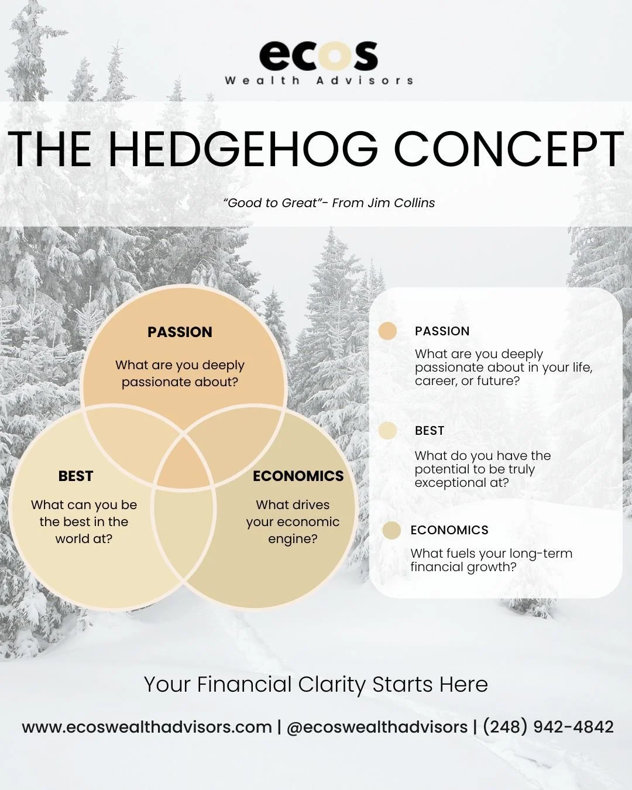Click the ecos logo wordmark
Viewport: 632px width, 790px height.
(x=318, y=55)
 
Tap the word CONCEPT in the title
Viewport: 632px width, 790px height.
(x=509, y=149)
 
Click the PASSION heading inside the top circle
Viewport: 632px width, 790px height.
(x=180, y=332)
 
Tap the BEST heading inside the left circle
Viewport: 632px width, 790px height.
(x=75, y=476)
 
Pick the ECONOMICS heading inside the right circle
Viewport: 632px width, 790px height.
(x=298, y=476)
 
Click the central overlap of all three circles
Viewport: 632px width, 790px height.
(x=184, y=462)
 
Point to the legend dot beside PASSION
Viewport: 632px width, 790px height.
(x=387, y=331)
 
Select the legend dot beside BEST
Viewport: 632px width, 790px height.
(x=387, y=431)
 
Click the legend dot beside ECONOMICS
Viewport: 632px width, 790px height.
(x=391, y=530)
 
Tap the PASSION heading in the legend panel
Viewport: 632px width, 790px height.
(x=442, y=331)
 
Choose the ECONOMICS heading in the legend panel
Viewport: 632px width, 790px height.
(x=449, y=530)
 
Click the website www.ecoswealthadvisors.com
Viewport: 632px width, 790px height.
(x=147, y=727)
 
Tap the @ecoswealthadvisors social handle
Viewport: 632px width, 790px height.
(x=377, y=727)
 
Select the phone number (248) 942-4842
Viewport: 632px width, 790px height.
(x=548, y=727)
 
